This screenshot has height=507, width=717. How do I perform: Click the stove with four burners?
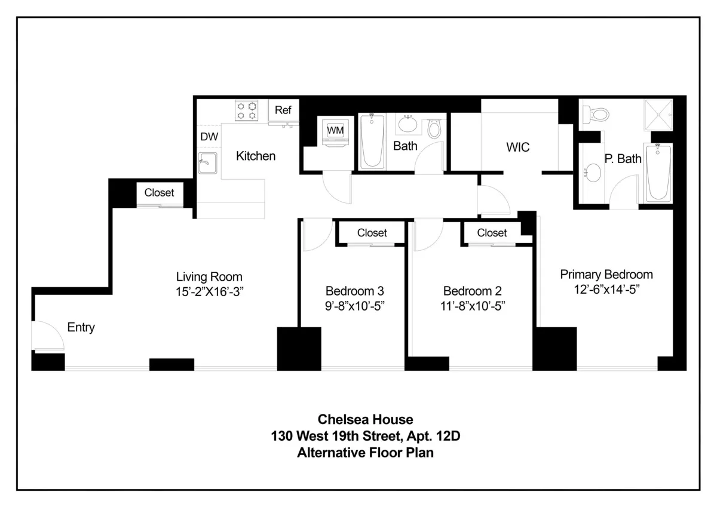point(247,110)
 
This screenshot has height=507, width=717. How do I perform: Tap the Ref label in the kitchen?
point(283,110)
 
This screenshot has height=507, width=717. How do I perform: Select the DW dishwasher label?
point(209,137)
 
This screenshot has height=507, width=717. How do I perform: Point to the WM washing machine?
point(334,131)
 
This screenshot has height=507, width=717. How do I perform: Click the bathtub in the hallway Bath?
point(372,142)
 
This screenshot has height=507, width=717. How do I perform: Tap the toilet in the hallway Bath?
point(434,128)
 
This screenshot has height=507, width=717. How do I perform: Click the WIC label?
point(517,147)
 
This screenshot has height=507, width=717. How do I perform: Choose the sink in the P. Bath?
point(592,174)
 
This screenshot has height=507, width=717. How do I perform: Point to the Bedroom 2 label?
point(472,291)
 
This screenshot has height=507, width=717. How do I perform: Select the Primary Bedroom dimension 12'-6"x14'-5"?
point(606,289)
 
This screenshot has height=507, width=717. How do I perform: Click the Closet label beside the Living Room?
point(160,192)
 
